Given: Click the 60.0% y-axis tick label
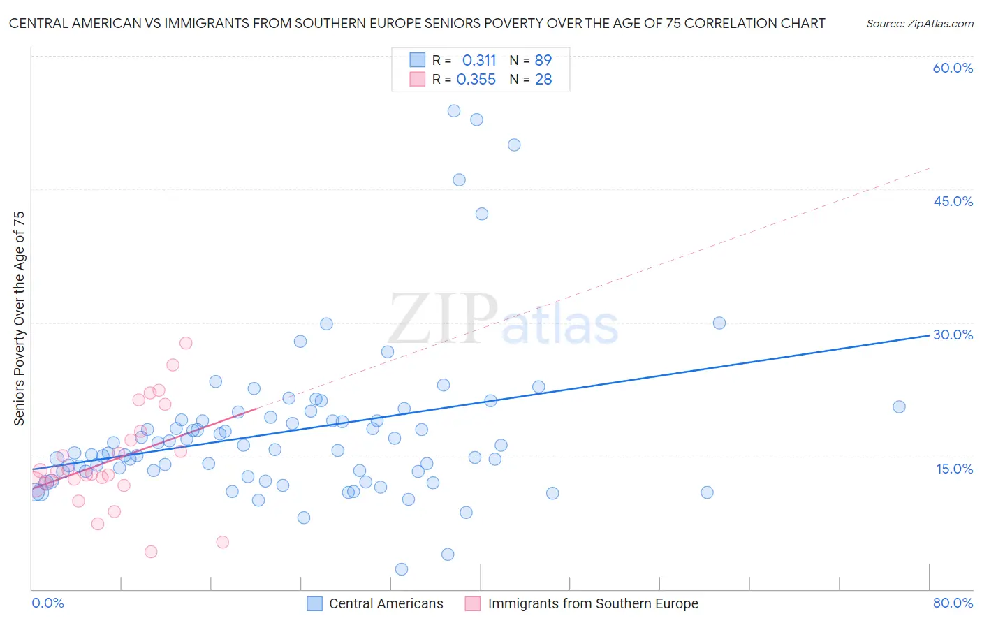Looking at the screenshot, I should [x=953, y=68].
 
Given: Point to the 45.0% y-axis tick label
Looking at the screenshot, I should [x=953, y=201].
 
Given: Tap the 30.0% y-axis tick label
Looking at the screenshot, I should [x=953, y=335].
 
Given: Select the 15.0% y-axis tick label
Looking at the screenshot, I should [x=954, y=468].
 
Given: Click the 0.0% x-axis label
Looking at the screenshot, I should [x=47, y=603].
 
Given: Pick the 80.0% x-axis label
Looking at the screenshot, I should [x=953, y=603].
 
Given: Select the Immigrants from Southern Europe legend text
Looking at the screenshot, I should [x=592, y=603].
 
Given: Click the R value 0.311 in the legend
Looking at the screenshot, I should [x=478, y=60].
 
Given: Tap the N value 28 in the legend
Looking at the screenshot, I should [x=543, y=80].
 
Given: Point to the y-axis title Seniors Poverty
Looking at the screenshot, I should [x=19, y=318].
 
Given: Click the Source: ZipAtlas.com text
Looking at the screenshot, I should [x=919, y=24].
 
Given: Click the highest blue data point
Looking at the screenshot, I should [x=454, y=110].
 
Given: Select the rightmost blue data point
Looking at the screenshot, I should [x=899, y=406].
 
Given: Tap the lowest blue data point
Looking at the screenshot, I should [x=402, y=569].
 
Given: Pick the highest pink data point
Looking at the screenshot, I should [x=186, y=343].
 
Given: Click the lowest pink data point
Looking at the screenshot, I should [x=151, y=552].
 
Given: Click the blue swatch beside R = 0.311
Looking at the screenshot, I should [x=417, y=60].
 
